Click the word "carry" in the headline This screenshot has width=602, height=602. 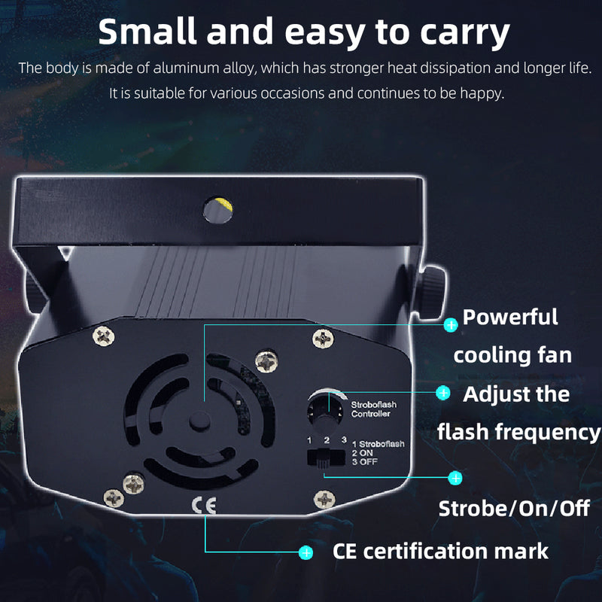pyautogui.click(x=465, y=33)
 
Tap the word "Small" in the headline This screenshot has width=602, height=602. pyautogui.click(x=147, y=32)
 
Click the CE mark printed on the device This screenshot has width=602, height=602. pyautogui.click(x=204, y=505)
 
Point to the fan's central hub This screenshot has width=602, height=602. pyautogui.click(x=199, y=421)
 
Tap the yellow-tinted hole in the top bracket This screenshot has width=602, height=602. pyautogui.click(x=217, y=210)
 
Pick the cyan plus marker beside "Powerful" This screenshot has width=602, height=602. pyautogui.click(x=451, y=325)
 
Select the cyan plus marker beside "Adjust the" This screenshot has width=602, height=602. pyautogui.click(x=443, y=393)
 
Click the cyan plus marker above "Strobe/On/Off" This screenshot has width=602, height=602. pyautogui.click(x=455, y=478)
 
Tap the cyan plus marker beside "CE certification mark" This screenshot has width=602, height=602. pyautogui.click(x=306, y=553)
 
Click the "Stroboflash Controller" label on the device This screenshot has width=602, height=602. pyautogui.click(x=373, y=409)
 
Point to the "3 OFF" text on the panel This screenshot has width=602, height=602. pyautogui.click(x=365, y=461)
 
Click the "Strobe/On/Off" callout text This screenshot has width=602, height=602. pyautogui.click(x=514, y=509)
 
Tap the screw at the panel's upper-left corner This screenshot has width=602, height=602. pyautogui.click(x=103, y=336)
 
